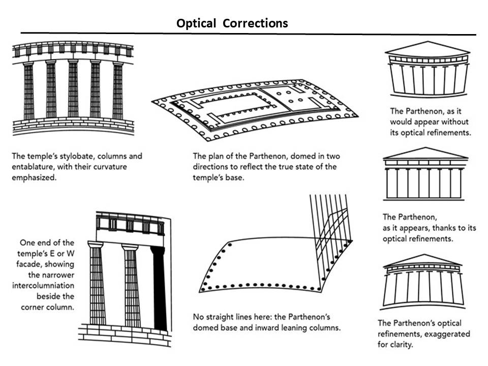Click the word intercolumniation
[43, 285]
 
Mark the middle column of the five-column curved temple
[73, 89]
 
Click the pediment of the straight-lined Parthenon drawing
[425, 154]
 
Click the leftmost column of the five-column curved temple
[28, 90]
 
